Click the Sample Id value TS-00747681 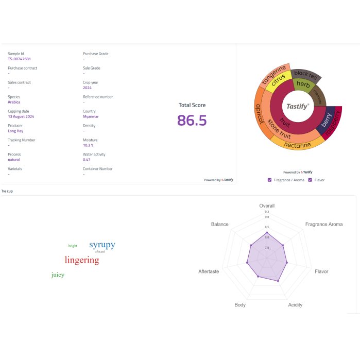point(19,59)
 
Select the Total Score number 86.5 point(192,121)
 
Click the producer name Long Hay point(15,131)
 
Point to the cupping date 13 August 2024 point(21,117)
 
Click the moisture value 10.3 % point(88,146)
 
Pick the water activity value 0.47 point(87,160)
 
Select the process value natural point(14,160)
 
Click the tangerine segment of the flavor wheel point(273,75)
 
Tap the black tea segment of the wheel point(306,75)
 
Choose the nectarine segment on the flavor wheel point(297,145)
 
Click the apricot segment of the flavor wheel point(260,114)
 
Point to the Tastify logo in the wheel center point(298,106)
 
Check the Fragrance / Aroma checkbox point(270,180)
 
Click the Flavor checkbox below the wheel point(310,180)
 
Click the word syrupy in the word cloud point(102,245)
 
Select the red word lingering point(82,260)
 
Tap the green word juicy point(58,275)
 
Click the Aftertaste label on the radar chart point(209,271)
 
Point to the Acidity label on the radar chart point(295,305)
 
